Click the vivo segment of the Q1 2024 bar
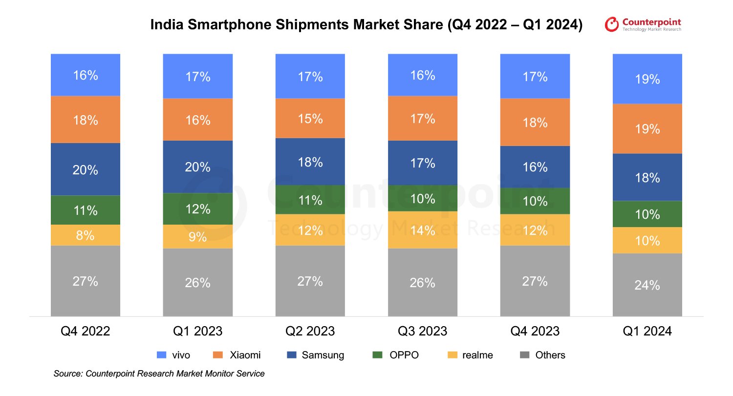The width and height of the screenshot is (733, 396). tap(647, 79)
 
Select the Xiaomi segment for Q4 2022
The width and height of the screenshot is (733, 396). tap(86, 119)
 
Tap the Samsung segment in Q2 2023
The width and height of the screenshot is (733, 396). tap(310, 162)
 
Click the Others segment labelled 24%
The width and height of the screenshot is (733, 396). tap(647, 285)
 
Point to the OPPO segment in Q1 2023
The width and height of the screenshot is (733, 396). tap(198, 209)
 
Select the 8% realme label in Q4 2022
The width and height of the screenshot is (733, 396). tap(86, 235)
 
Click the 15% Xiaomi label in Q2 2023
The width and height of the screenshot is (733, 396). tap(310, 119)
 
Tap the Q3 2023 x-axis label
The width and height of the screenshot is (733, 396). tap(422, 332)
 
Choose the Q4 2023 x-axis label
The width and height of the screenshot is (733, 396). tap(535, 332)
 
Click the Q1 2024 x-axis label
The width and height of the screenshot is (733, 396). tap(647, 332)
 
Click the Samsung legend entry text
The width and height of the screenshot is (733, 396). tap(323, 355)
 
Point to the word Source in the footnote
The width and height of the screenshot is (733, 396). tap(68, 374)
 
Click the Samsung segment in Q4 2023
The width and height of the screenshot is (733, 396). tap(535, 167)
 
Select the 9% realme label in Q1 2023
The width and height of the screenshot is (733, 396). tap(198, 237)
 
